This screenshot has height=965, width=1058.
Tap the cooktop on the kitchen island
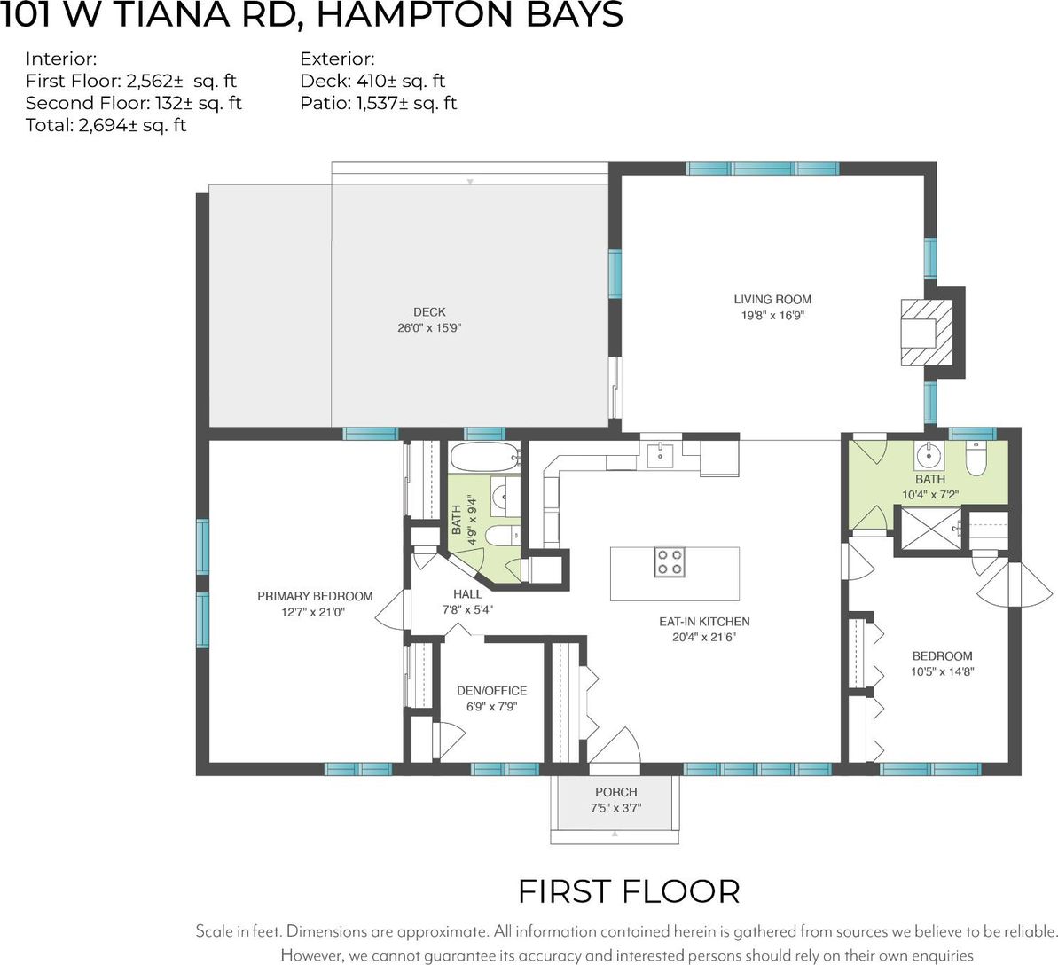click(x=670, y=562)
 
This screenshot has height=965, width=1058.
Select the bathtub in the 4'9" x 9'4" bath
click(x=484, y=458)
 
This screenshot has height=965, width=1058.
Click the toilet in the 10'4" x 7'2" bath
click(x=976, y=459)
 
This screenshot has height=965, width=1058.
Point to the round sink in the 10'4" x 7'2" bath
click(x=929, y=456)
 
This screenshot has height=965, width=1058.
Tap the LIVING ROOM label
click(x=772, y=299)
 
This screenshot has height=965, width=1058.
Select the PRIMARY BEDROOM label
click(x=315, y=596)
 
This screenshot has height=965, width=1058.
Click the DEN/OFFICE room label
click(x=492, y=690)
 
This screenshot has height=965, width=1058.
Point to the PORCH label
click(x=616, y=791)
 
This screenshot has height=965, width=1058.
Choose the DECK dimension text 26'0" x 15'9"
click(x=429, y=328)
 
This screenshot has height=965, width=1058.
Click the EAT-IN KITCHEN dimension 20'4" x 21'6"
click(x=704, y=636)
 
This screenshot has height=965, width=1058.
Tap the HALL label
click(x=467, y=594)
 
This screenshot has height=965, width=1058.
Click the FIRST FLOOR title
click(x=629, y=891)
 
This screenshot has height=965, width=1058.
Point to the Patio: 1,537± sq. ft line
click(x=379, y=103)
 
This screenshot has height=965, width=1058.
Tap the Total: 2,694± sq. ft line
click(x=106, y=126)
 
